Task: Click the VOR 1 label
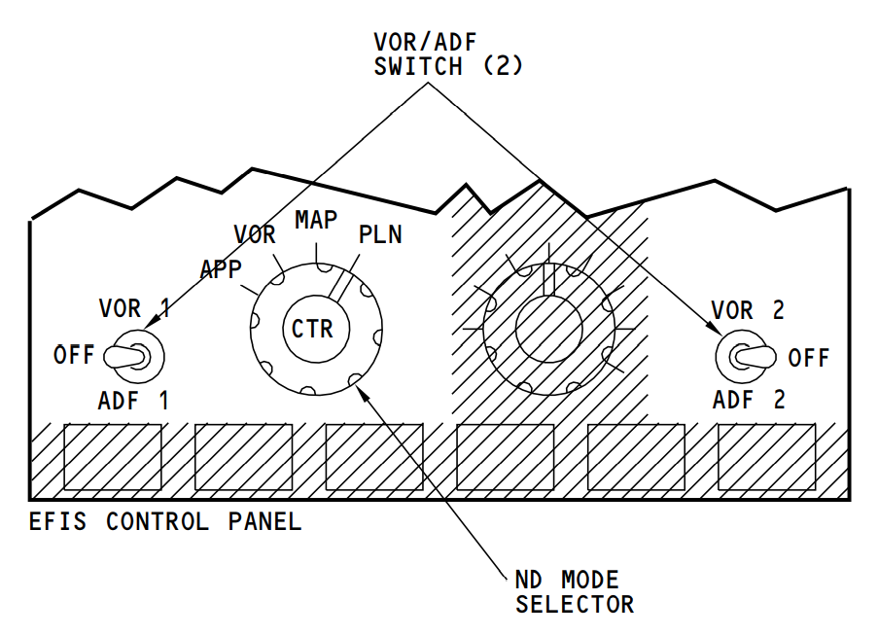[134, 309]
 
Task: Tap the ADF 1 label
[133, 400]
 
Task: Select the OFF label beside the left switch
[74, 355]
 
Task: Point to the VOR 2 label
[748, 310]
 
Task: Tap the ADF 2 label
[748, 400]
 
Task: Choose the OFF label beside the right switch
[809, 358]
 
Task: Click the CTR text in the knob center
[312, 329]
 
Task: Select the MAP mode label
[316, 221]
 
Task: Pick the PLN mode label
[379, 235]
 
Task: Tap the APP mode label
[221, 269]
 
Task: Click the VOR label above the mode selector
[255, 235]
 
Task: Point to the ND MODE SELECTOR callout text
[574, 592]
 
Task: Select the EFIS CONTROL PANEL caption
[165, 522]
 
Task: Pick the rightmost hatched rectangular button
[766, 457]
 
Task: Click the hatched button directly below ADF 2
[766, 457]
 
